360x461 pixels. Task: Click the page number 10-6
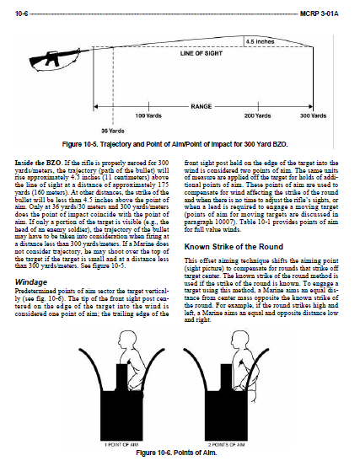[x=21, y=13]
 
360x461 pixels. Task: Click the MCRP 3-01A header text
[x=320, y=13]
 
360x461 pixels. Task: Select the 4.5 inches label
[x=260, y=42]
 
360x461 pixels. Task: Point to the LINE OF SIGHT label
[x=201, y=53]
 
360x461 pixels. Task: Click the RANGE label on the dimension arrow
[x=201, y=106]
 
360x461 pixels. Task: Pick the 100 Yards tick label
[x=148, y=115]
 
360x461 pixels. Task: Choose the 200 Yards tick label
[x=257, y=115]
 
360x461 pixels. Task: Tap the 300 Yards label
[x=314, y=115]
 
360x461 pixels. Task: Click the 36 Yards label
[x=113, y=131]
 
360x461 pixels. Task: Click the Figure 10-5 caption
[x=175, y=144]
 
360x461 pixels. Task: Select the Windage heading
[x=31, y=282]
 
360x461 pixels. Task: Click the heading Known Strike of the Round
[x=234, y=247]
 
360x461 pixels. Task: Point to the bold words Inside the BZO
[x=38, y=163]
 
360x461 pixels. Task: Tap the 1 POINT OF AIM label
[x=121, y=445]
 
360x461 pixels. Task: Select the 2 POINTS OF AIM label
[x=226, y=445]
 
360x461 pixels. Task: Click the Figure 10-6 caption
[x=176, y=453]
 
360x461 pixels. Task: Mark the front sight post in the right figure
[x=226, y=378]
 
